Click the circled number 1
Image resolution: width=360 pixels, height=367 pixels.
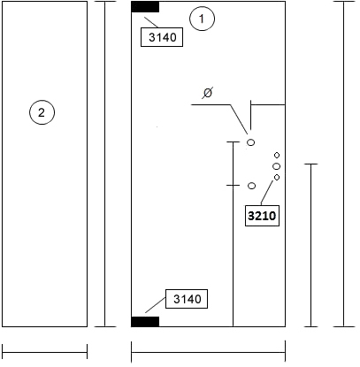pos(202,19)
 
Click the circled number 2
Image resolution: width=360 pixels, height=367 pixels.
pos(42,112)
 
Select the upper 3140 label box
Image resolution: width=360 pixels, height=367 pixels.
pos(162,37)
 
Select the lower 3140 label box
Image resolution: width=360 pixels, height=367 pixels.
pos(187,299)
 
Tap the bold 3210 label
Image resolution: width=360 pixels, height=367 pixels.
pos(262,216)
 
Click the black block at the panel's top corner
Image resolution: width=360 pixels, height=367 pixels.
pos(145,7)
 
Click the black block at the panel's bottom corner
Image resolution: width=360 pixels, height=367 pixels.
pos(145,322)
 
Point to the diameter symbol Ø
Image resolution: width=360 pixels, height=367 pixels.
pos(208,93)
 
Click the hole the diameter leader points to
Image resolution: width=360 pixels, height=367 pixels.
pos(250,142)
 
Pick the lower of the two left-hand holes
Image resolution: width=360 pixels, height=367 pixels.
pos(251,186)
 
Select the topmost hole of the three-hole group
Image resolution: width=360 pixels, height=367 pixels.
pos(277,155)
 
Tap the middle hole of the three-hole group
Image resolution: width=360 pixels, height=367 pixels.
pos(277,166)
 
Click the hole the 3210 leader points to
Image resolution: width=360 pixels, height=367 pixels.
pos(277,177)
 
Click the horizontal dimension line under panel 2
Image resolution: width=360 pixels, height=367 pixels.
pos(44,352)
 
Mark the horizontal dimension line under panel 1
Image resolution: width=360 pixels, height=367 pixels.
pos(208,352)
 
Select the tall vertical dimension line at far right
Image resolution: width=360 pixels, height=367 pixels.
pos(344,164)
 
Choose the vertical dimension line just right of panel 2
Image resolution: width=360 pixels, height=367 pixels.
pos(105,164)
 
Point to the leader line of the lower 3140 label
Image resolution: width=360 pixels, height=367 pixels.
pos(155,305)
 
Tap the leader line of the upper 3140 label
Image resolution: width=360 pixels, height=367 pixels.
pos(151,22)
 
